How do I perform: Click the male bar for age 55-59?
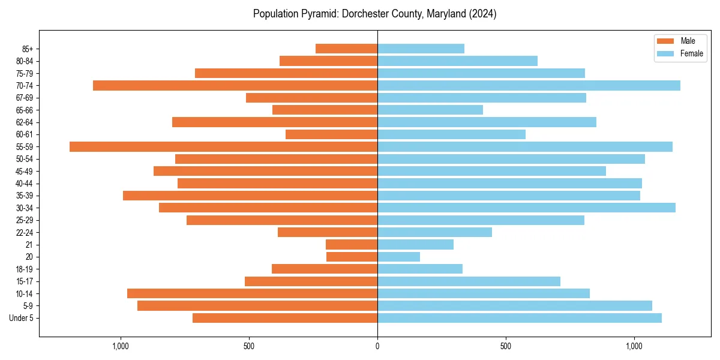223,147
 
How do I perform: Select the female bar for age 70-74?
529,86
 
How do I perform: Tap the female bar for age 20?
398,257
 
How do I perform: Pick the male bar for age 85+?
346,49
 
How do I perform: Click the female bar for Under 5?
519,318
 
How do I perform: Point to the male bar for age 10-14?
252,293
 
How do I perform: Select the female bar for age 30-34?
526,208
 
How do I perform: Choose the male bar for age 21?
352,245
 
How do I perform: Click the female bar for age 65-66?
430,110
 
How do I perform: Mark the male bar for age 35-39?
250,196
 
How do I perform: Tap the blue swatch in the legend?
665,53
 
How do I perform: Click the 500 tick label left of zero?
249,346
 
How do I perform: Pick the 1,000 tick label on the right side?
634,346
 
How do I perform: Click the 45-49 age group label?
25,171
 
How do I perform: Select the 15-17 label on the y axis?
25,281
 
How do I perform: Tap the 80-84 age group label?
25,61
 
